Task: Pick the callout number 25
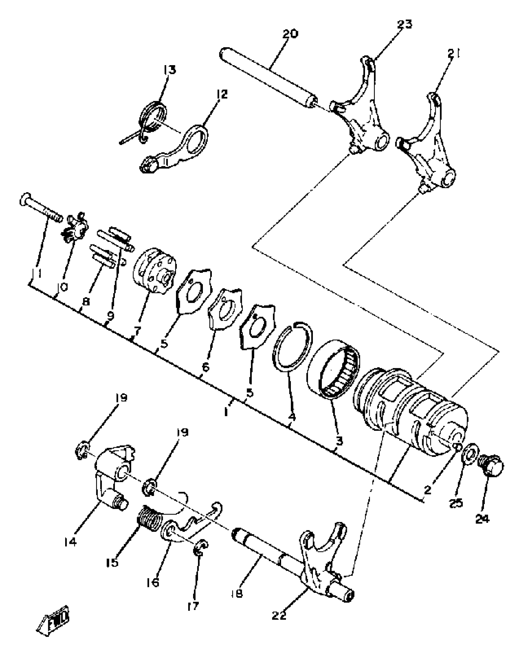456,503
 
